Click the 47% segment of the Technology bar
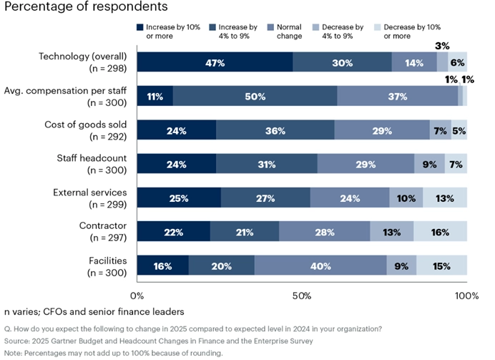pos(215,62)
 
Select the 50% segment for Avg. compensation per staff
pos(255,97)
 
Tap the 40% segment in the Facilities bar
pos(320,266)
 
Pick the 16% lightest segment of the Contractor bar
pos(440,232)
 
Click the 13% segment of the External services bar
pos(444,198)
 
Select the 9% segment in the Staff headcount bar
pos(429,164)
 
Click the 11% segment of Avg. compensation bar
pos(155,97)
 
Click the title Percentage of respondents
pos(86,7)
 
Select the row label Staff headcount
pos(91,158)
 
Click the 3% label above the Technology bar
pos(443,45)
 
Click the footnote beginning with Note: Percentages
pos(113,353)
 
